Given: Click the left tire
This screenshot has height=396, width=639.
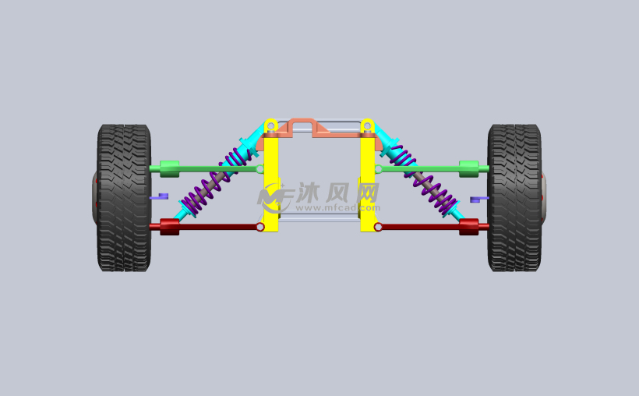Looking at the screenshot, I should tap(124, 198).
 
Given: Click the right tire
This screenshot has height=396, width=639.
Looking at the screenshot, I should tap(514, 198).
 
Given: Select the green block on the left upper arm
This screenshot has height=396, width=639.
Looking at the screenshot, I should tap(169, 168).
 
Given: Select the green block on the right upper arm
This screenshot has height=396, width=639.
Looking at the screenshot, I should tap(468, 168).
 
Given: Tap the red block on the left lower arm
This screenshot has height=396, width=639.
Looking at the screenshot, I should tap(169, 227).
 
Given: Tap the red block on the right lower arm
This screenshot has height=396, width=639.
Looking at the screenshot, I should tap(468, 227).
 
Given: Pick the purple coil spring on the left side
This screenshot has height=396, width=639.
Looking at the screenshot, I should tap(204, 187).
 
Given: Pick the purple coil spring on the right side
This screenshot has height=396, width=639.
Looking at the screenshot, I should tap(432, 187).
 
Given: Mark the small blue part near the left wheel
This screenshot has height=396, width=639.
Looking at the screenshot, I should tap(162, 196).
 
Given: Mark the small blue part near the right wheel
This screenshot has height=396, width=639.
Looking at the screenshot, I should tap(478, 199).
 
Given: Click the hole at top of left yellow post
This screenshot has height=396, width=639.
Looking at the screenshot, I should tap(270, 126).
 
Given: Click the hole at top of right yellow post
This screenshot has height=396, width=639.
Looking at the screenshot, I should tap(367, 126).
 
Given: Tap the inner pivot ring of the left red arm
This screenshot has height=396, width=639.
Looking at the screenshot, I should tap(260, 227).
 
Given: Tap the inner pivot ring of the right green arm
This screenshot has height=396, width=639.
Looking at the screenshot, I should tap(378, 168).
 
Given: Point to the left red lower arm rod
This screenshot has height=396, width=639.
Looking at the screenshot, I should tap(218, 227).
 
